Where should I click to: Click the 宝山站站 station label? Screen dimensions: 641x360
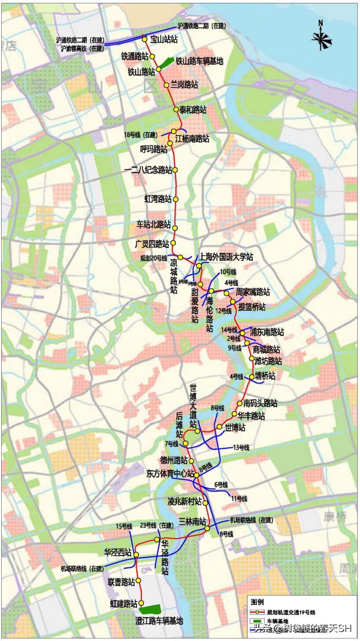click(x=164, y=39)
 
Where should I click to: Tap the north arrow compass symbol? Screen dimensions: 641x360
click(x=321, y=38)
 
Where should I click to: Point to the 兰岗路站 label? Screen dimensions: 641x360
click(x=185, y=84)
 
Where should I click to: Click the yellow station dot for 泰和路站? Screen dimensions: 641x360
click(x=176, y=110)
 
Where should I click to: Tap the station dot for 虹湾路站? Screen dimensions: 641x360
click(x=175, y=199)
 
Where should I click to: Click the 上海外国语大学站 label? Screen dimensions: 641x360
click(x=226, y=257)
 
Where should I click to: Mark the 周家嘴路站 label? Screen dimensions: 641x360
click(x=253, y=292)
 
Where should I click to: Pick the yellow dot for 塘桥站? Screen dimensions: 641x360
click(x=252, y=376)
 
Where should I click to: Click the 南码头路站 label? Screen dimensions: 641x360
click(x=260, y=403)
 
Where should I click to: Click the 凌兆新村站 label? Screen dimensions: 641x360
click(x=185, y=502)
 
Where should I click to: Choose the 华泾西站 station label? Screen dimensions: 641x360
click(x=118, y=552)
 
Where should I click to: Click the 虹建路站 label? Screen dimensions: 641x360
click(x=124, y=603)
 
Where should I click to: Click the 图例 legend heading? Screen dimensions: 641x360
click(x=258, y=602)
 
